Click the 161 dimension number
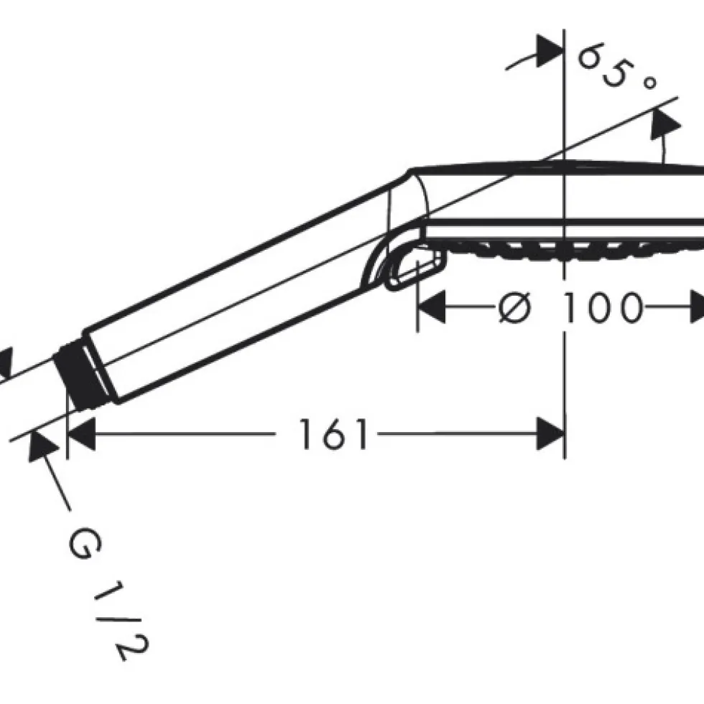(333, 433)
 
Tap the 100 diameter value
(603, 307)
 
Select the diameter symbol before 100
(515, 307)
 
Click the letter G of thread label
(85, 543)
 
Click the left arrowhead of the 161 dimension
(81, 433)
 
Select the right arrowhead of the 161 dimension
(550, 433)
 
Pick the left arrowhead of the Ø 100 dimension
(432, 307)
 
